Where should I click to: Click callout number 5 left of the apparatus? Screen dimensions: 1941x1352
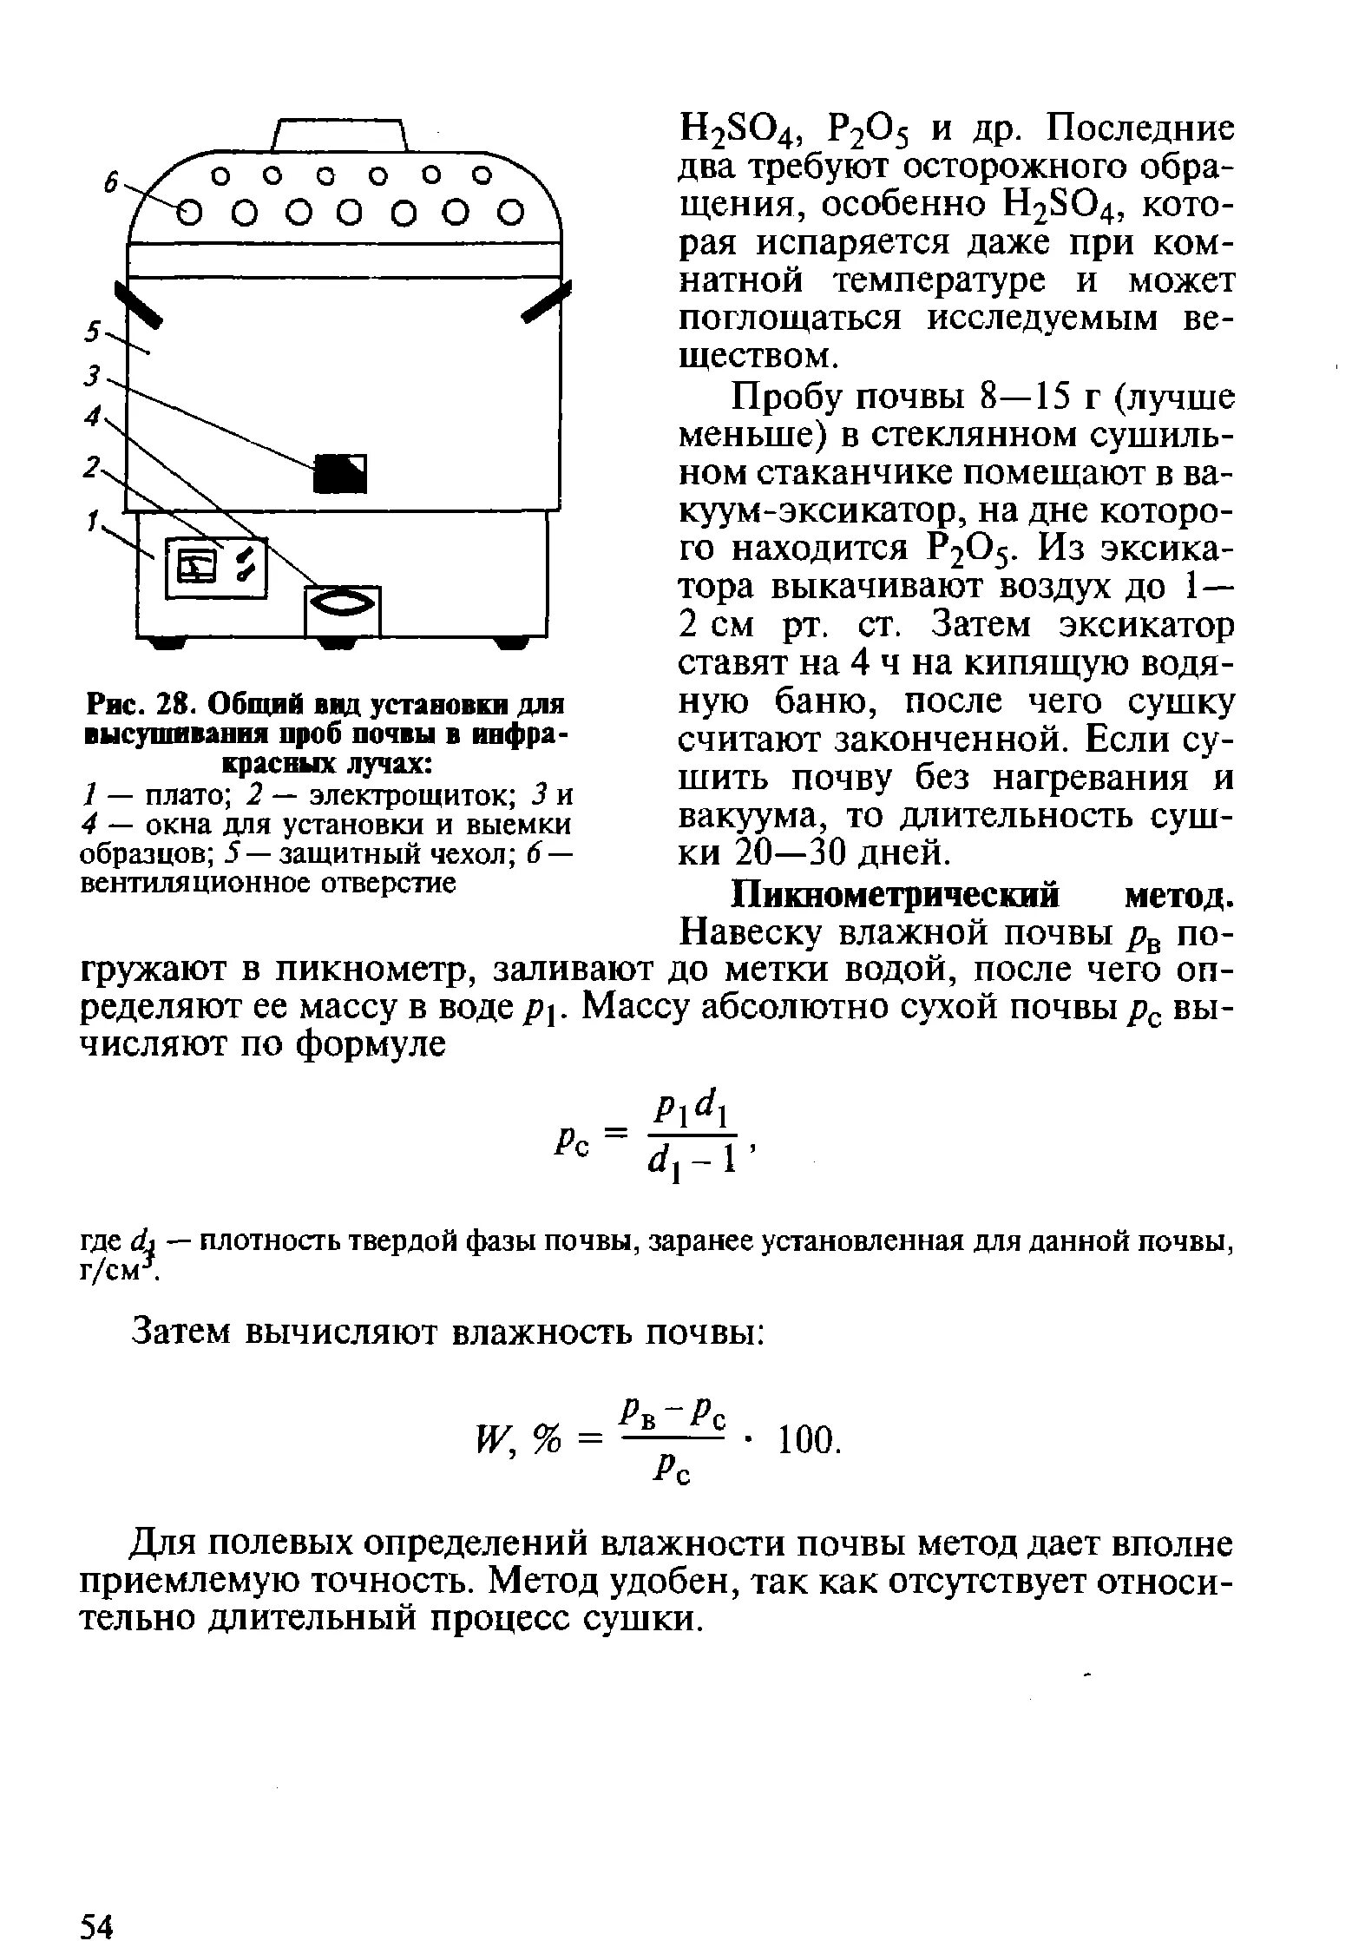(x=92, y=332)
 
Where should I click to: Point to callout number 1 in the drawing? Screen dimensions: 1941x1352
(x=92, y=520)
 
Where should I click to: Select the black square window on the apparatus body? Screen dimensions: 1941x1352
(x=341, y=473)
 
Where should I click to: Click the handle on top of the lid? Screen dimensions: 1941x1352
(x=340, y=135)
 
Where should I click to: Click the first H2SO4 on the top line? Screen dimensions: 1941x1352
(x=737, y=131)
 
